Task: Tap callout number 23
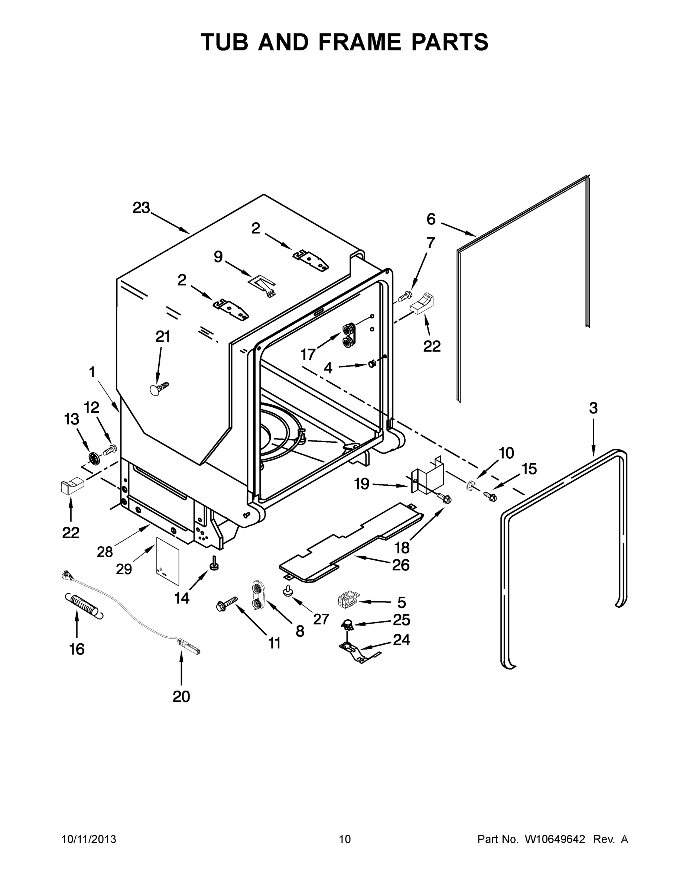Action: [141, 208]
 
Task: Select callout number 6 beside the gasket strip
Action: [431, 219]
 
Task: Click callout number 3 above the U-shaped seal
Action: [593, 408]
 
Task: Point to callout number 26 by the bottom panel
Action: [400, 565]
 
